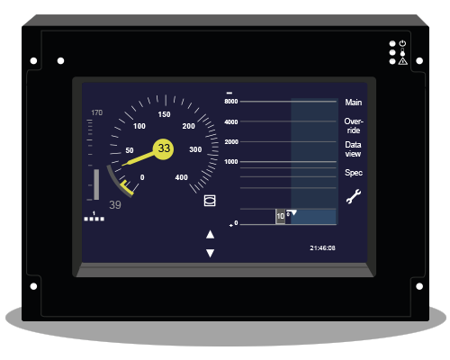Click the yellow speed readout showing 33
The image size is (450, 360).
point(163,148)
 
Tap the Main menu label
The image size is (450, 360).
point(353,103)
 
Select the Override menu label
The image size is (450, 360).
point(354,126)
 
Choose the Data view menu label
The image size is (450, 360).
point(353,149)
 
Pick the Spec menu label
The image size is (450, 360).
point(354,173)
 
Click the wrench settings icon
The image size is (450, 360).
point(354,197)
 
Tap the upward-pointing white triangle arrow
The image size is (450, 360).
point(210,234)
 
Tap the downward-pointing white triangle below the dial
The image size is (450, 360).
point(210,253)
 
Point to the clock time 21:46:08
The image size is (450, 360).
point(322,247)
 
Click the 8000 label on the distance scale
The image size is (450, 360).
point(231,102)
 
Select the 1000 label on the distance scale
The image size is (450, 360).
point(231,162)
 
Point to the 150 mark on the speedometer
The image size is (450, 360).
point(164,114)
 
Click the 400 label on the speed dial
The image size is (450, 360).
point(182,177)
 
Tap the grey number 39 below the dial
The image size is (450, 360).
point(115,205)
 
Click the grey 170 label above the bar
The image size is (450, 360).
point(96,112)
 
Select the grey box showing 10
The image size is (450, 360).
point(280,216)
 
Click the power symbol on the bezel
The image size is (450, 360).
point(402,43)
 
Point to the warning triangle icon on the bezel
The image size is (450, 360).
point(402,61)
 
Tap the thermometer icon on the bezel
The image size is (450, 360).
point(402,52)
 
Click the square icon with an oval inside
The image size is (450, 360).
point(210,201)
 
